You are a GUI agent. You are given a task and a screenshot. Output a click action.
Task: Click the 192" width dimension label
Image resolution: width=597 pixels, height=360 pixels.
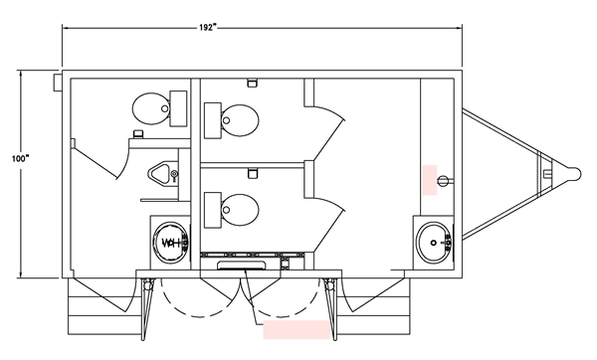click(x=208, y=28)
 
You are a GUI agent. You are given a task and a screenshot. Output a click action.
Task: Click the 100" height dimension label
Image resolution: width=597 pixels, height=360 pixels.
click(x=20, y=158)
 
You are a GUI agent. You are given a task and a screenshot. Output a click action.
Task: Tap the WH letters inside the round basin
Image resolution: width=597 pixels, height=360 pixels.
click(x=170, y=243)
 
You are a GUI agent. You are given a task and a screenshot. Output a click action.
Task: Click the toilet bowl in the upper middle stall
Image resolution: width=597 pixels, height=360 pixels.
click(x=240, y=120)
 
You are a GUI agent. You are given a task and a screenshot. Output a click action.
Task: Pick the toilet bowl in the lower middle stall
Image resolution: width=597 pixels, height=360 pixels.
click(x=240, y=210)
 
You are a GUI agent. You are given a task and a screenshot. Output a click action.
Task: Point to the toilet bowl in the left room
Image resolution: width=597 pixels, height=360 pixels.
click(x=151, y=108)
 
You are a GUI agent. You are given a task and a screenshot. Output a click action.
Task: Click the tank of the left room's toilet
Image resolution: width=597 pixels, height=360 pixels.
click(x=178, y=108)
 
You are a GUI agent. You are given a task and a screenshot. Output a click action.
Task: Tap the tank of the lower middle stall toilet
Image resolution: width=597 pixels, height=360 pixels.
click(x=213, y=210)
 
